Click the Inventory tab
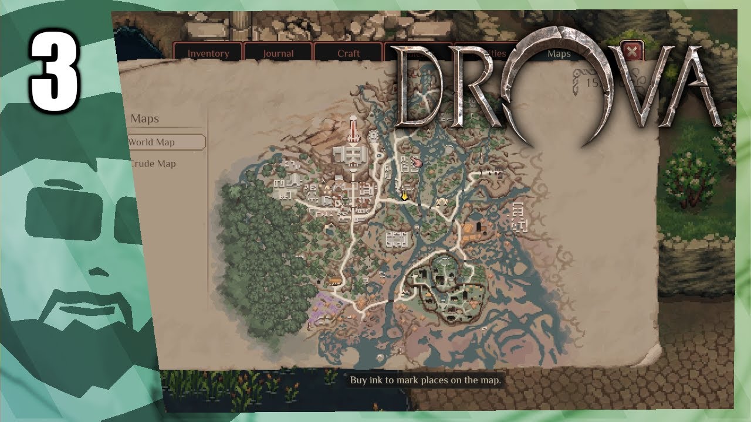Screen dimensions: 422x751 208,53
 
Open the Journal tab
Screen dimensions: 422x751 278,53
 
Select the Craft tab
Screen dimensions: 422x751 349,53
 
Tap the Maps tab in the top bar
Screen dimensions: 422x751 558,53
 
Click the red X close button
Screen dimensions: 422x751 632,52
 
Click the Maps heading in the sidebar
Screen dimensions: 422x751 145,119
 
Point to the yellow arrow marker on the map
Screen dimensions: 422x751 404,196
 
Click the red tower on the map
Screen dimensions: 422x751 353,129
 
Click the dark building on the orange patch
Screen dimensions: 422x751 479,226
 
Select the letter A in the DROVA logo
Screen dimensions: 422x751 692,88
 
